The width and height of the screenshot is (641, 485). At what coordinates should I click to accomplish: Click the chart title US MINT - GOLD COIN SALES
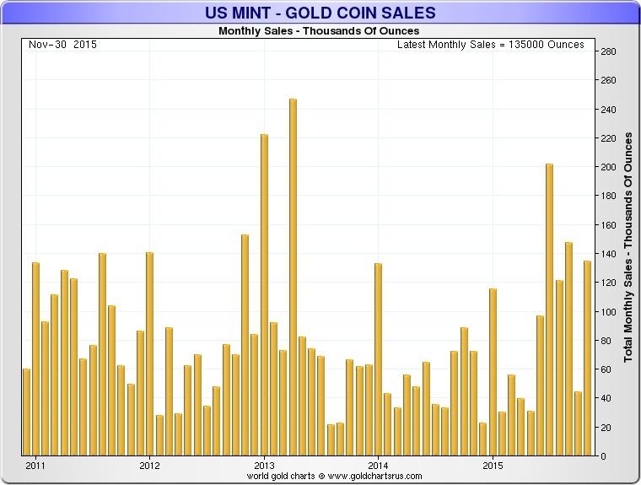[320, 12]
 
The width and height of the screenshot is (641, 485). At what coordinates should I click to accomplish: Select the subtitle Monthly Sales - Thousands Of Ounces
[318, 31]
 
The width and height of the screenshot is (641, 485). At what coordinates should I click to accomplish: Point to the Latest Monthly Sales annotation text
[490, 45]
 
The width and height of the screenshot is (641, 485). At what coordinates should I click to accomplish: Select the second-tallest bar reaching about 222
[264, 294]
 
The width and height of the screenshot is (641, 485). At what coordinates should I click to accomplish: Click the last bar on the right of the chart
[588, 358]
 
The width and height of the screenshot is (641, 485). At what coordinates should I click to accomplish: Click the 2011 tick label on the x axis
[35, 465]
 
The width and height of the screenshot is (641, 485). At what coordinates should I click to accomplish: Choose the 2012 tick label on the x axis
[149, 465]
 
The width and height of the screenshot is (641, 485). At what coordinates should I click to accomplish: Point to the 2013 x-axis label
[264, 465]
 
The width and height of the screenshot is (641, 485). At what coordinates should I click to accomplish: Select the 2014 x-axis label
[378, 465]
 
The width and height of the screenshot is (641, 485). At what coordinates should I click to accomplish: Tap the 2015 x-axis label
[493, 465]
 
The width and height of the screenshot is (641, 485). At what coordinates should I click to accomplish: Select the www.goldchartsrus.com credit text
[320, 477]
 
